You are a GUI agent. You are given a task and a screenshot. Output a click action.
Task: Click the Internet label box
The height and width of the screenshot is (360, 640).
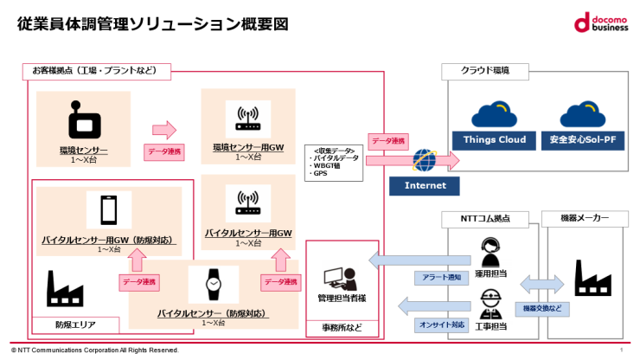pos(424,185)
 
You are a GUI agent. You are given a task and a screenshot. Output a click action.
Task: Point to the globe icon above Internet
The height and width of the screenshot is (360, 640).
pos(425,160)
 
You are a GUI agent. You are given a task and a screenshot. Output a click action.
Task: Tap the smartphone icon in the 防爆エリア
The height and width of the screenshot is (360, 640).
pos(108,210)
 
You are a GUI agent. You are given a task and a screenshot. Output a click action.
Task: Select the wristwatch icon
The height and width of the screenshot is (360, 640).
pos(213,284)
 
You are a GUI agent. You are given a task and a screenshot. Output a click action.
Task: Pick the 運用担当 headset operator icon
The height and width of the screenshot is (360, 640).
pos(491,252)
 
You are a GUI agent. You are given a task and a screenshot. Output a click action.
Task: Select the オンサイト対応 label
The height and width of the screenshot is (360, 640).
pos(442,325)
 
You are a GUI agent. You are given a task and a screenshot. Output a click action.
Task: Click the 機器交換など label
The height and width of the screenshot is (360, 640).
pos(542,308)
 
